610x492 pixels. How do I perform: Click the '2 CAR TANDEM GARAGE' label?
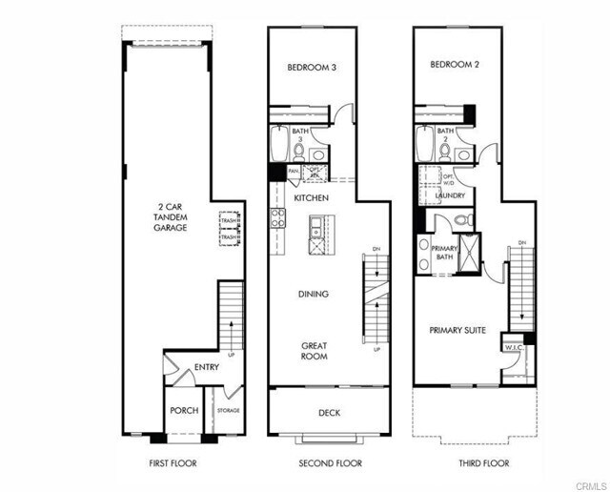pyautogui.click(x=173, y=215)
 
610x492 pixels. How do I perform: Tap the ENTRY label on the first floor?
pyautogui.click(x=207, y=367)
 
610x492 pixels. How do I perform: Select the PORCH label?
pyautogui.click(x=183, y=411)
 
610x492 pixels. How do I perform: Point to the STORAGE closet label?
pyautogui.click(x=228, y=411)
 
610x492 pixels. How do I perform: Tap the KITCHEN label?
pyautogui.click(x=311, y=197)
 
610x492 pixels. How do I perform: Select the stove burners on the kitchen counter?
pyautogui.click(x=277, y=218)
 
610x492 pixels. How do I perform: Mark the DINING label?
pyautogui.click(x=313, y=295)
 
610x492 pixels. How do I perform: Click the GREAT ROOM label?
pyautogui.click(x=315, y=350)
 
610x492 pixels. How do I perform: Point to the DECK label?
pyautogui.click(x=329, y=413)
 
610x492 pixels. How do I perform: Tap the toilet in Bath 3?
pyautogui.click(x=299, y=151)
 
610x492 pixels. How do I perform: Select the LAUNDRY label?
pyautogui.click(x=450, y=195)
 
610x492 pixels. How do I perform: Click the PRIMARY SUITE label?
pyautogui.click(x=457, y=330)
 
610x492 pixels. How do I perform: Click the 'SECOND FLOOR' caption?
pyautogui.click(x=329, y=463)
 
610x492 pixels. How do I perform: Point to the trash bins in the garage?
pyautogui.click(x=228, y=230)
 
